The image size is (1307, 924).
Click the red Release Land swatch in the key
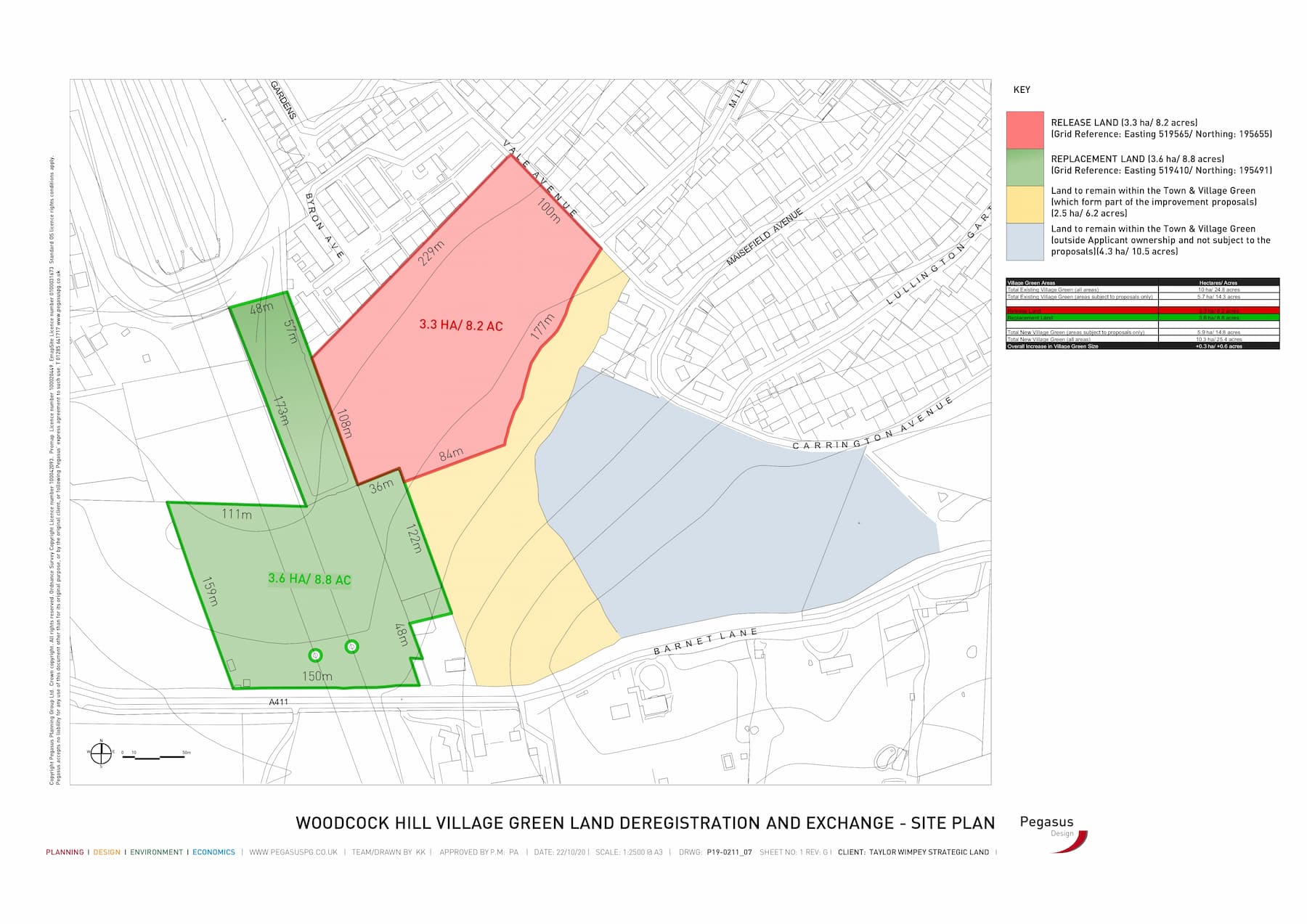coord(1025,130)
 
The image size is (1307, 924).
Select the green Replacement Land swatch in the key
coord(1025,168)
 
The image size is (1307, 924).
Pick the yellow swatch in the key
coord(1025,205)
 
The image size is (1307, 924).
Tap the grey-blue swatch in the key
coord(1025,242)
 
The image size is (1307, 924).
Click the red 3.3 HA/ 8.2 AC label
coord(460,325)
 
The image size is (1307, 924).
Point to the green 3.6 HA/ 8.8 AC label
coord(309,579)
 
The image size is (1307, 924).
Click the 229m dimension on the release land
coord(431,253)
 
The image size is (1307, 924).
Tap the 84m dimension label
coord(451,454)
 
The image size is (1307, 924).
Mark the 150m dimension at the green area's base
coord(317,676)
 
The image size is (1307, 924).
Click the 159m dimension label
coord(211,592)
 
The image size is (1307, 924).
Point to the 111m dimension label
coord(237,514)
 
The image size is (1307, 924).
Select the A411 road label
coord(278,702)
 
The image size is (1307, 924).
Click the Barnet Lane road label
coord(706,641)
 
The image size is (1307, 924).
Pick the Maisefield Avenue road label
coord(765,237)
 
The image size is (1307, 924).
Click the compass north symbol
coord(101,753)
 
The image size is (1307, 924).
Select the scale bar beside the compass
coord(154,756)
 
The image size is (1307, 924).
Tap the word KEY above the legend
coord(1022,90)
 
